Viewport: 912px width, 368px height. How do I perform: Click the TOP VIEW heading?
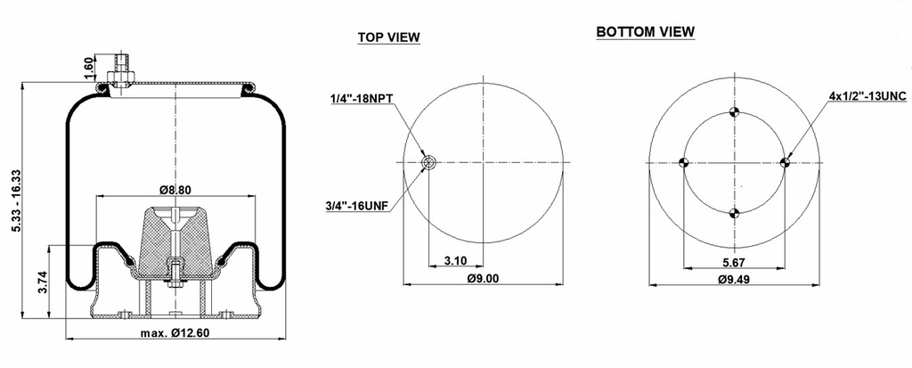click(388, 37)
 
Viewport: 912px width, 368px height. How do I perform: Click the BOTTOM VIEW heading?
click(646, 32)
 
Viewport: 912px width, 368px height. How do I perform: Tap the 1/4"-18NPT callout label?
click(360, 99)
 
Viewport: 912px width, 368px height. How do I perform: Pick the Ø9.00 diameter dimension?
click(482, 278)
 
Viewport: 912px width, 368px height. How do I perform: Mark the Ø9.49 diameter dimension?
click(734, 279)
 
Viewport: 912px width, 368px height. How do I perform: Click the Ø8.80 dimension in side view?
click(177, 189)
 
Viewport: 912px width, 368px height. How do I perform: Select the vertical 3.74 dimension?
click(41, 283)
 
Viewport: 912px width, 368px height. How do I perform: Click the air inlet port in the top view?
click(428, 162)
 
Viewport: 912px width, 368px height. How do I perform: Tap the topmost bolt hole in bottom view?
click(735, 111)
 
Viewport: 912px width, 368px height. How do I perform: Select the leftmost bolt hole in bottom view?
click(684, 162)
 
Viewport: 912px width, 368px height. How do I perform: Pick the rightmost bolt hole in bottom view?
click(786, 162)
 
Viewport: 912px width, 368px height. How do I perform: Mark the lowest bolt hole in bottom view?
click(735, 213)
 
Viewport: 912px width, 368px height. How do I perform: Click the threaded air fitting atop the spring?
click(118, 69)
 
